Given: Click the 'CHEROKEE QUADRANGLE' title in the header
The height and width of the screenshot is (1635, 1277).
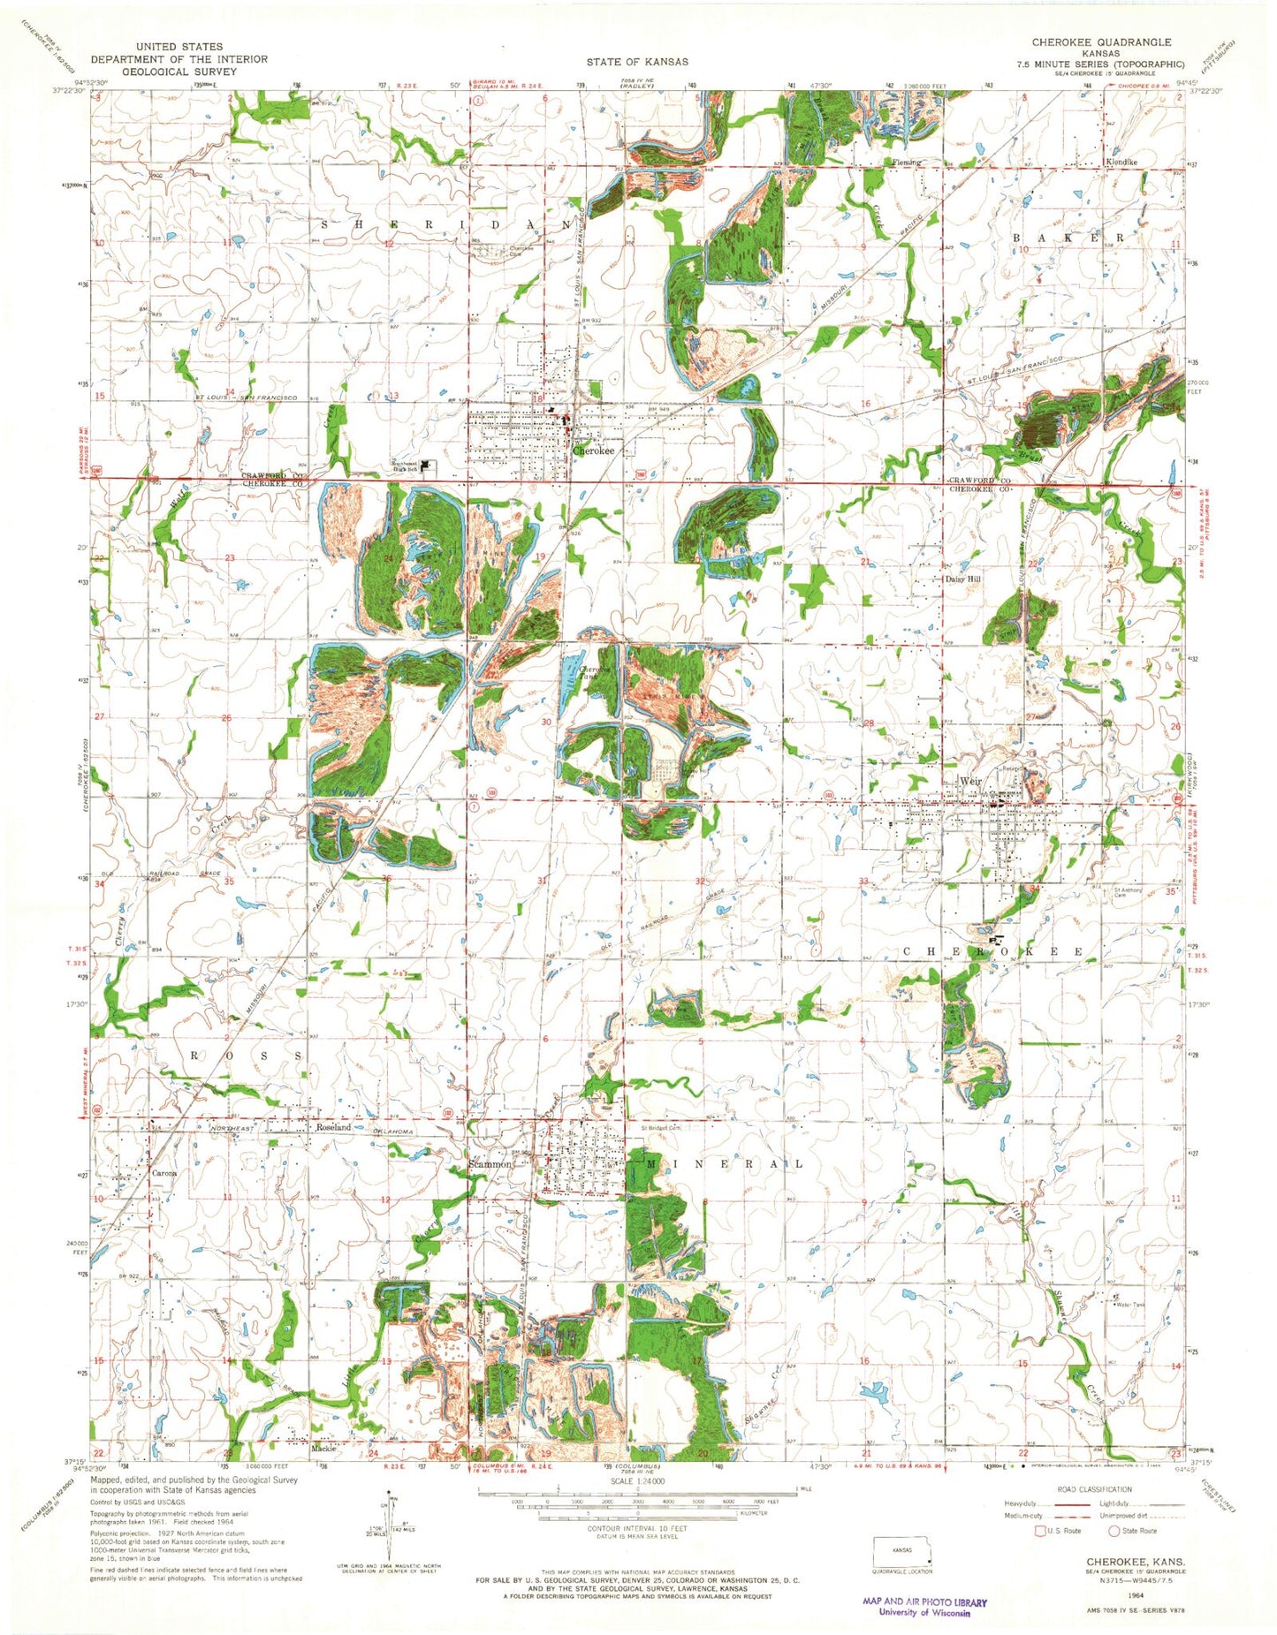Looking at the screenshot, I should pos(1101,42).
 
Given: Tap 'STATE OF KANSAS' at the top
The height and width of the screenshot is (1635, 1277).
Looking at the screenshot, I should pos(637,62).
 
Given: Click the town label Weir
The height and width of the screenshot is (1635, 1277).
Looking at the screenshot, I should pos(970,782).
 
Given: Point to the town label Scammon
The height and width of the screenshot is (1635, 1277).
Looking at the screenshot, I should pos(489,1164).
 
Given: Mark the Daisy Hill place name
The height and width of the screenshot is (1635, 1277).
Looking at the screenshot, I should pos(964,580).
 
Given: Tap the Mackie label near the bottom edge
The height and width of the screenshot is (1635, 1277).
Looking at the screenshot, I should pos(299,1449).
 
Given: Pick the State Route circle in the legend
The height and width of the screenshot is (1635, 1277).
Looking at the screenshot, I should pos(1114,1530).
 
